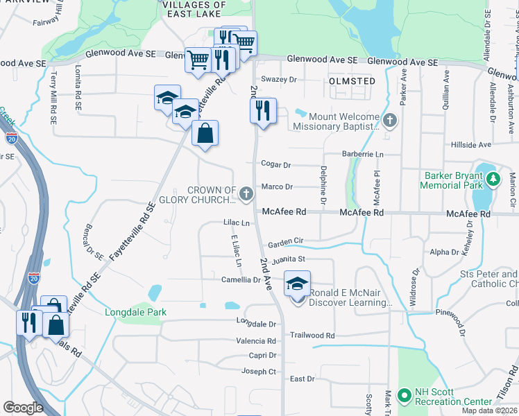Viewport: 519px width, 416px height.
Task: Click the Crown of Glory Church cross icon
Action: (x=246, y=195)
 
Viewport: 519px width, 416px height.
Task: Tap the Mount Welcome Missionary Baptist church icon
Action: (x=391, y=121)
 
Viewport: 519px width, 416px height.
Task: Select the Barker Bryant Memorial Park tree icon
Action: (x=493, y=180)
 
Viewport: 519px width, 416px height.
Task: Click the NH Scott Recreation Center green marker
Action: (x=405, y=395)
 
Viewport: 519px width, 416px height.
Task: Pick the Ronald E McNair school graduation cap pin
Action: (x=298, y=286)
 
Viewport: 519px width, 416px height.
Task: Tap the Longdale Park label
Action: (x=136, y=312)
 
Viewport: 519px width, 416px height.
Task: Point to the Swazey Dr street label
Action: (x=280, y=80)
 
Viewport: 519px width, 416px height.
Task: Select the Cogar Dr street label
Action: (x=275, y=164)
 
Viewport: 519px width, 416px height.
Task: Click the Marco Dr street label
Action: (x=277, y=187)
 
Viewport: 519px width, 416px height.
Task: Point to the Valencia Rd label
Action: (x=255, y=341)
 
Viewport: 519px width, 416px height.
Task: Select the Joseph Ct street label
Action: (x=258, y=372)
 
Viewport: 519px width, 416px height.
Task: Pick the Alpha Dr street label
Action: (x=445, y=252)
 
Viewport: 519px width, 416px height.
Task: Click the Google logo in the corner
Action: (x=23, y=408)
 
